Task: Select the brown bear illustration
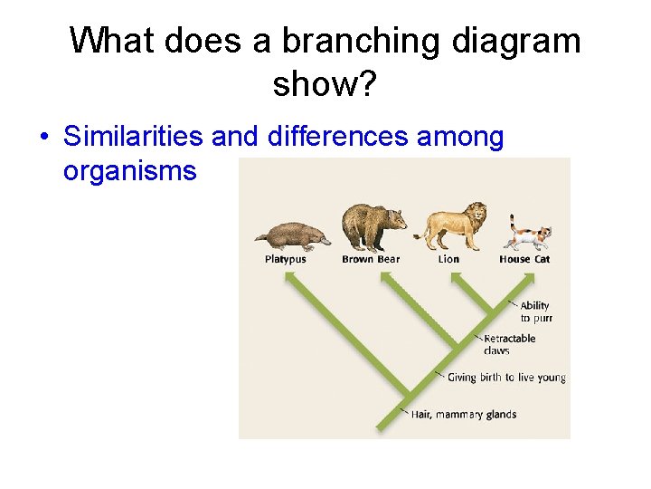(x=372, y=227)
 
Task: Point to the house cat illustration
(x=528, y=235)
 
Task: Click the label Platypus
(x=286, y=259)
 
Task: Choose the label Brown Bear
(x=371, y=259)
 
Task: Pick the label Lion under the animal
(x=448, y=259)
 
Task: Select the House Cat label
(x=524, y=259)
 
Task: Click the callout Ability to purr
(x=535, y=312)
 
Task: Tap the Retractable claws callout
(x=510, y=344)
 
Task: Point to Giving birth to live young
(x=506, y=378)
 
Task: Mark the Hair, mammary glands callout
(x=464, y=415)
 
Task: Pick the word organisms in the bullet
(x=129, y=171)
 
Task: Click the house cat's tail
(x=512, y=223)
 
